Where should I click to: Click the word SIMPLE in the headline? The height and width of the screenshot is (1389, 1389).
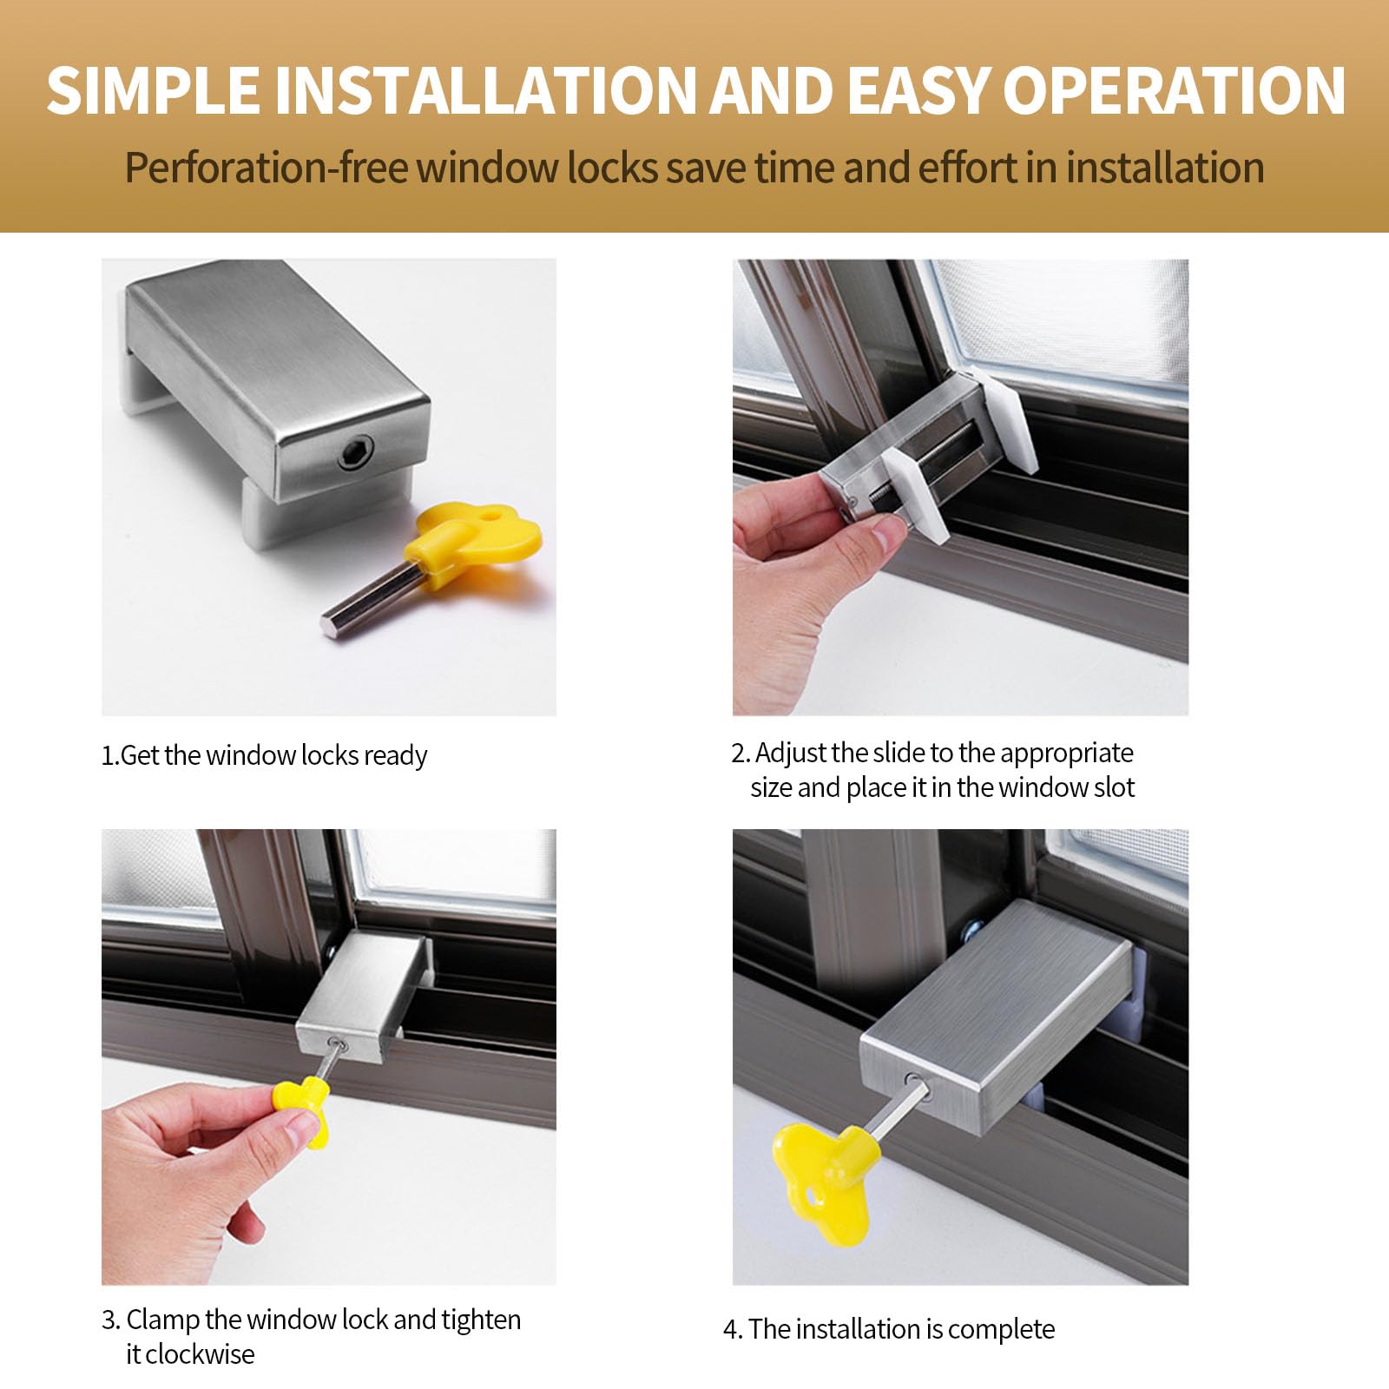(153, 90)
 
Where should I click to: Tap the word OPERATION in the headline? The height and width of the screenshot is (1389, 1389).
(1174, 90)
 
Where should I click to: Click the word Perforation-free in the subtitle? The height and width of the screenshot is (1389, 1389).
(266, 168)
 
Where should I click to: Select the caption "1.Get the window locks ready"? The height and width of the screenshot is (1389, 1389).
(264, 755)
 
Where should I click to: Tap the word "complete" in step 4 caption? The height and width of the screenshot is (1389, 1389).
(1000, 1329)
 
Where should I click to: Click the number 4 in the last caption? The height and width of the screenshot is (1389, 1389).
(730, 1329)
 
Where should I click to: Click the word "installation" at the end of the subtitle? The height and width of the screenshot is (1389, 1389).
(1165, 168)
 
